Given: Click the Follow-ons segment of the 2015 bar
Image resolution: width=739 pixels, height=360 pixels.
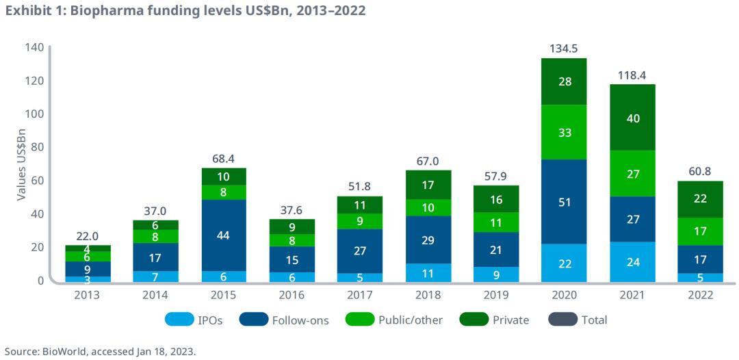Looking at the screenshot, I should coord(224,235).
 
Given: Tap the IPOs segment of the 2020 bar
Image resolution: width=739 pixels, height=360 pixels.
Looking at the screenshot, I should coord(564,263).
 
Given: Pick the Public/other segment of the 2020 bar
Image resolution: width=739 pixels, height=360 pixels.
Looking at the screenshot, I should coord(564,132).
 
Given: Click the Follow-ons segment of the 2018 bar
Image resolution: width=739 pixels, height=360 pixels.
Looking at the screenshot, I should coord(428,240).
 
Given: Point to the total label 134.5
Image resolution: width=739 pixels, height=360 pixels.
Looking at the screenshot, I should coord(564,49).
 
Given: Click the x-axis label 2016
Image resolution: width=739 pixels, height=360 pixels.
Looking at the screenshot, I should coord(291,295).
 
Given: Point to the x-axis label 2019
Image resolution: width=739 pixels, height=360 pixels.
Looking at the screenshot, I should coord(495,295).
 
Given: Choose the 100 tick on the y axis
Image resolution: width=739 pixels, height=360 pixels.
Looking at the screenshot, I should coord(36,114).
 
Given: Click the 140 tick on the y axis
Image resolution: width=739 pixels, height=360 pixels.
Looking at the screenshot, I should coord(36,47).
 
